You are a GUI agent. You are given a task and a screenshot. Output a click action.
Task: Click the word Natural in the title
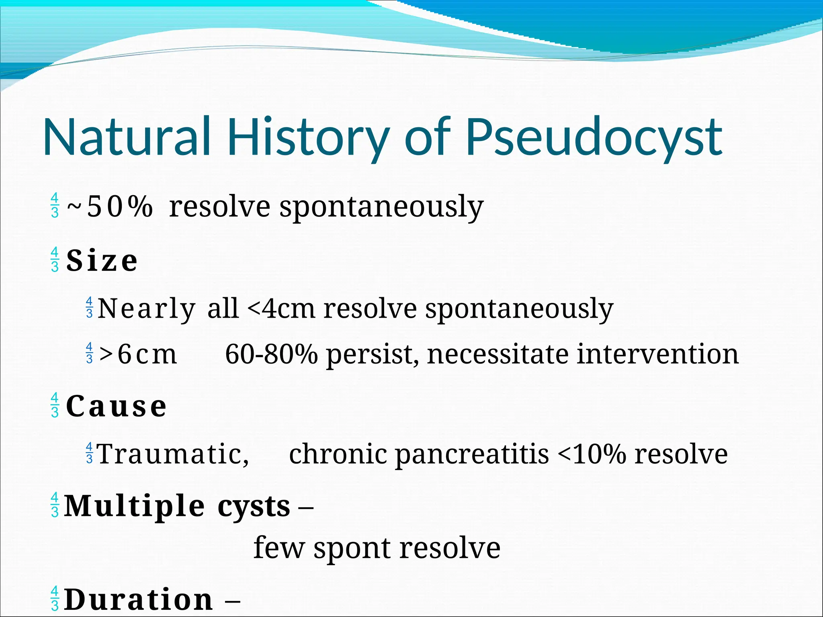(127, 137)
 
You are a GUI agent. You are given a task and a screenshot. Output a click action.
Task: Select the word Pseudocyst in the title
(594, 137)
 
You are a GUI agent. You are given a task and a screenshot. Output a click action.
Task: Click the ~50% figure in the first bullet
(110, 206)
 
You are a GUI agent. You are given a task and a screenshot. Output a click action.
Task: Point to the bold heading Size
(102, 261)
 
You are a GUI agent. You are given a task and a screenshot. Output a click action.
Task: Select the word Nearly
(147, 308)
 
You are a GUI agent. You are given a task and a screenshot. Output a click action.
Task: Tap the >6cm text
(138, 354)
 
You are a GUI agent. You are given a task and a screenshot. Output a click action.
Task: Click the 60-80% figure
(271, 354)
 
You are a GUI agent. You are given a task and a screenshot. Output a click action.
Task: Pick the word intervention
(658, 354)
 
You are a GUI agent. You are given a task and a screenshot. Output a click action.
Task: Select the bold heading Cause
(116, 406)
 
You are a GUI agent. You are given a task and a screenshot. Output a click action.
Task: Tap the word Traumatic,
(173, 454)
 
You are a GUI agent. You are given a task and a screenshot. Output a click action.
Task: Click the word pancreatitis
(472, 454)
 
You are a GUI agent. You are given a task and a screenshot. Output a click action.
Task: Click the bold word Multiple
(135, 506)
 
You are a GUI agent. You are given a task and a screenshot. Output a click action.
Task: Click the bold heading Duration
(139, 599)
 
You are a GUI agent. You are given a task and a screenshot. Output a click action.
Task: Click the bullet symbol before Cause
(55, 405)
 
